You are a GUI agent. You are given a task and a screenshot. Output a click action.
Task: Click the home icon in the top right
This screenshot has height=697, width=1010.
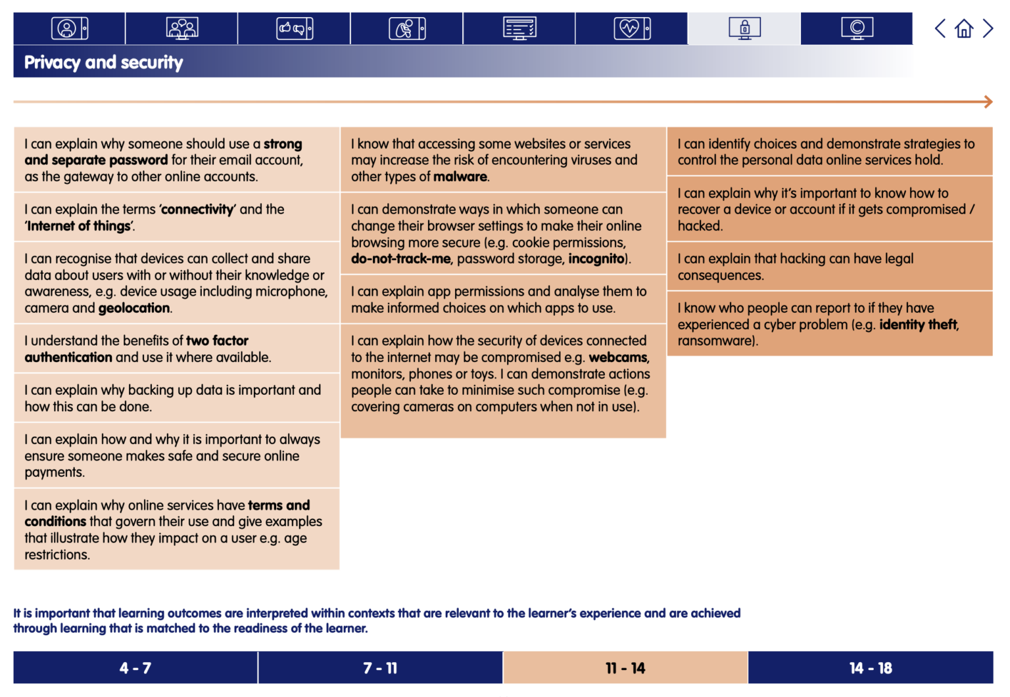(x=964, y=28)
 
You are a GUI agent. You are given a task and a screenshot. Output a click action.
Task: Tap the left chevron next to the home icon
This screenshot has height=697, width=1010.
(x=940, y=28)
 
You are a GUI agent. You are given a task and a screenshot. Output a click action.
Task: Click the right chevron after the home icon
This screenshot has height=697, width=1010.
(x=988, y=28)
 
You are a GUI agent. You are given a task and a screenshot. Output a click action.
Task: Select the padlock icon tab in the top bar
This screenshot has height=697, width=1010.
(x=744, y=28)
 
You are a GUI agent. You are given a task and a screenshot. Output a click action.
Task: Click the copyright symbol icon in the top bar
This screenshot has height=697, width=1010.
(x=857, y=28)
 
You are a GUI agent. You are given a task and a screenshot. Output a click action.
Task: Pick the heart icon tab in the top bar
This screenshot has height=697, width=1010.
(x=631, y=28)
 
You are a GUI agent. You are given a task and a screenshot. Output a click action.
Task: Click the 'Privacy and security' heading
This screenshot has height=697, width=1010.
(x=104, y=62)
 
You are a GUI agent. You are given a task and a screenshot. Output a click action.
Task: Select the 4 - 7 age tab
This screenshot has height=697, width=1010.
(x=135, y=668)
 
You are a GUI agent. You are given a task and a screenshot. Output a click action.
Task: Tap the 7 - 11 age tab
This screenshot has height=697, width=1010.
(x=380, y=668)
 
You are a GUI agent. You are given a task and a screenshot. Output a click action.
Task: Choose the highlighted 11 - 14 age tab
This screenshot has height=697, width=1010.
(x=625, y=668)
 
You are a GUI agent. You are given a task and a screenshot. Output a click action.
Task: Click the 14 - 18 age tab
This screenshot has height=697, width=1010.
(x=871, y=668)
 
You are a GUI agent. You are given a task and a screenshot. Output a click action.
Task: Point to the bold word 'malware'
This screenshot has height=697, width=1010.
(x=460, y=177)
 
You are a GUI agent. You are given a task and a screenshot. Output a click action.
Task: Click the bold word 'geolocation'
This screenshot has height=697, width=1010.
(x=135, y=308)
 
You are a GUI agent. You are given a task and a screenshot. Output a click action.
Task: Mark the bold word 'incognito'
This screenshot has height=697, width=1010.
(x=596, y=259)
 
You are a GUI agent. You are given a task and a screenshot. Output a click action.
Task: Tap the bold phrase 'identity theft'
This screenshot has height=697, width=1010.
(x=919, y=325)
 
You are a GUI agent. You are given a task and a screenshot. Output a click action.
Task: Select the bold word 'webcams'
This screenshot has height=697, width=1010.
(x=618, y=357)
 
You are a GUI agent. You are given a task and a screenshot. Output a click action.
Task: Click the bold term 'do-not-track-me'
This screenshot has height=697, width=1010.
(x=401, y=259)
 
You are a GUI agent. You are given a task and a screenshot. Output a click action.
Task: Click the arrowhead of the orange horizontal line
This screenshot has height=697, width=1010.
(x=988, y=102)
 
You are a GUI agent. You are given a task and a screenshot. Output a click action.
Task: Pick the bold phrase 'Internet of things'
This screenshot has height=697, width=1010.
(x=79, y=226)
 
